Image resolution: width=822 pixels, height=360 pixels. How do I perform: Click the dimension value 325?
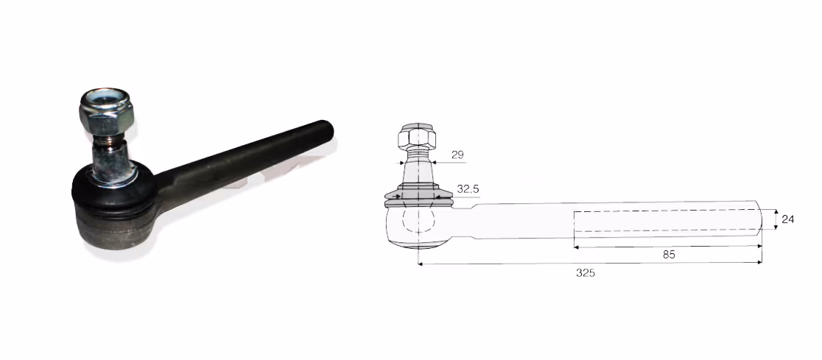pyautogui.click(x=585, y=273)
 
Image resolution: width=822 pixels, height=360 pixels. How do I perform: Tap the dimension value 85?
pyautogui.click(x=668, y=255)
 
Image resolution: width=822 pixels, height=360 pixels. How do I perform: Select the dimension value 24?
pyautogui.click(x=787, y=219)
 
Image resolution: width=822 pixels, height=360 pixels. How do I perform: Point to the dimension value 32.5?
pyautogui.click(x=468, y=189)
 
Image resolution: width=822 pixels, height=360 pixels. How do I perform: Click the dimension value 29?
pyautogui.click(x=457, y=155)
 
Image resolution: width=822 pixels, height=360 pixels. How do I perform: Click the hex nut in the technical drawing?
pyautogui.click(x=418, y=136)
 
